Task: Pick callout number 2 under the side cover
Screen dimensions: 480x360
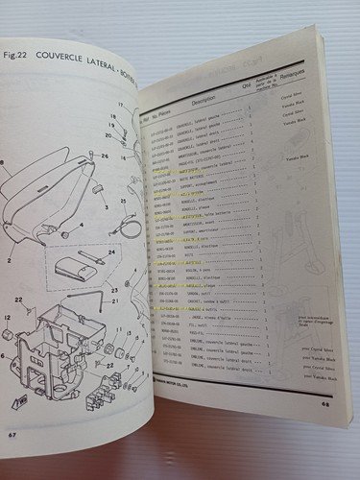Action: [12, 258]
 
